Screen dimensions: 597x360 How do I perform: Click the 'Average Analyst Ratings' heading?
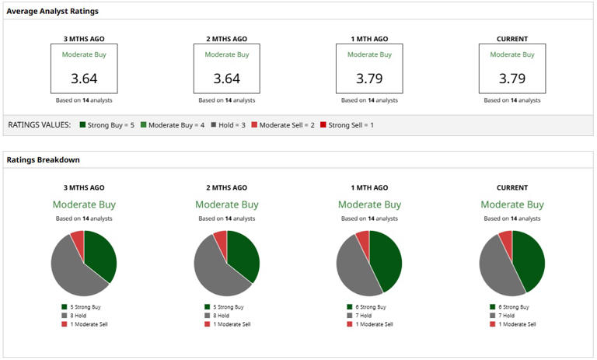click(53, 11)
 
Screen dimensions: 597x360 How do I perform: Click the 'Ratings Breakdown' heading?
click(43, 159)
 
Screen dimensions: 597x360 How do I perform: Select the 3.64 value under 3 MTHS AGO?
click(84, 79)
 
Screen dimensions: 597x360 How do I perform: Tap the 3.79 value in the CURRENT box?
click(512, 79)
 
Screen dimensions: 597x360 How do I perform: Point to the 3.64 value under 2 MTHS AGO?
click(226, 79)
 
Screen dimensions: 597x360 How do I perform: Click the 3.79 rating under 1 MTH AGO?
click(369, 79)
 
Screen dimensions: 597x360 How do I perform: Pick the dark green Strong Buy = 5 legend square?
click(82, 124)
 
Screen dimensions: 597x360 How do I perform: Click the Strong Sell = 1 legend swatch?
click(323, 124)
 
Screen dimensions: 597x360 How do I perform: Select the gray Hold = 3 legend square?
click(214, 124)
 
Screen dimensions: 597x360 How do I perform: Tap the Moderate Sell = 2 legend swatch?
click(254, 124)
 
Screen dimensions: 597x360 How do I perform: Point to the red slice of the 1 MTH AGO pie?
click(364, 239)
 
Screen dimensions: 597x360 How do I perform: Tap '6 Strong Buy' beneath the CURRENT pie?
click(514, 306)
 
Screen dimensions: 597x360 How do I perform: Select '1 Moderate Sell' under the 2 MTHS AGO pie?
click(232, 324)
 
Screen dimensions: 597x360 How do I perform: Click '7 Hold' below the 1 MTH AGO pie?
click(364, 316)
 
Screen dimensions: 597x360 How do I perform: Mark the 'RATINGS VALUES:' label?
click(39, 124)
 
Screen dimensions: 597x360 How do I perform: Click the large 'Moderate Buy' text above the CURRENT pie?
click(512, 204)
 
